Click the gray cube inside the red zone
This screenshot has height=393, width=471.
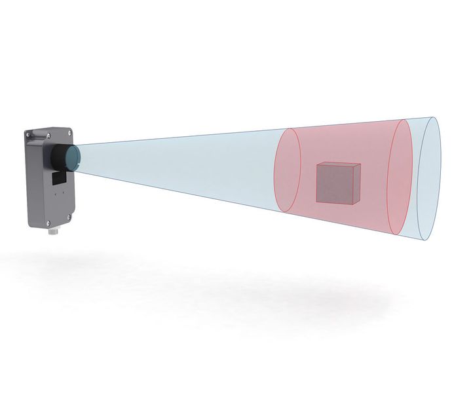coord(337,183)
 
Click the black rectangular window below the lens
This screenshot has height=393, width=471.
coord(59,178)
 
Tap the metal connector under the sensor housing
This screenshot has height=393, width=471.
coord(52,232)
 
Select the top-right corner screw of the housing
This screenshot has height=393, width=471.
coord(69,132)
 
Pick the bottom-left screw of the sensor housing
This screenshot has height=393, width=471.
coord(48,223)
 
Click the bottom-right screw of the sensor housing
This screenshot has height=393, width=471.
coord(69,217)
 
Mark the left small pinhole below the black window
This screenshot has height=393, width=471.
coord(56,194)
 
